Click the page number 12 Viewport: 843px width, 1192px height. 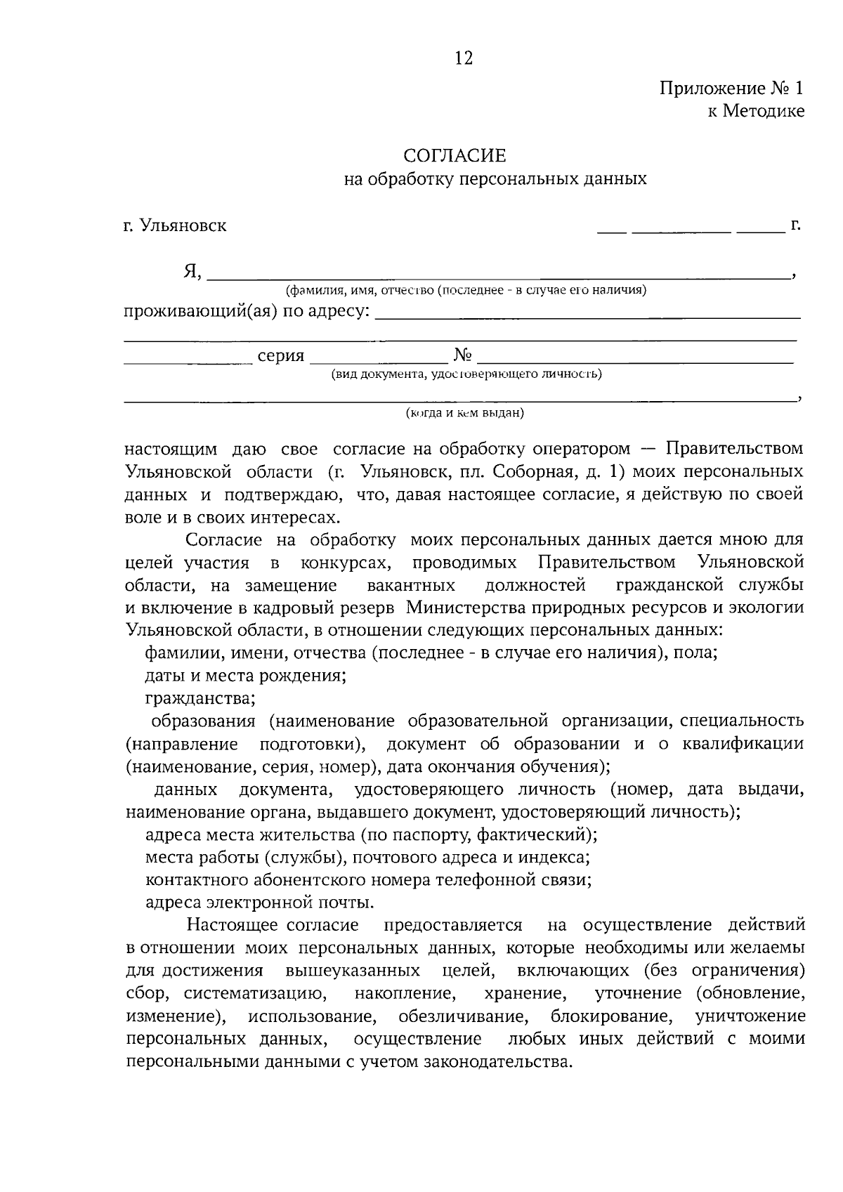click(x=464, y=58)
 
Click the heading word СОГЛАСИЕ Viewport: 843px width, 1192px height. click(x=455, y=155)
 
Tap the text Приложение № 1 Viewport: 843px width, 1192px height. click(x=731, y=89)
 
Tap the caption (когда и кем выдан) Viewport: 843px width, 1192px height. click(x=465, y=413)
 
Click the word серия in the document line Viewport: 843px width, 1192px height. click(x=281, y=355)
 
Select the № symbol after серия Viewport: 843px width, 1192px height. click(x=462, y=355)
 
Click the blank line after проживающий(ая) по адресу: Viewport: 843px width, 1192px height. click(x=587, y=317)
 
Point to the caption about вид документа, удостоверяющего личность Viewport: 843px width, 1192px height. click(x=466, y=374)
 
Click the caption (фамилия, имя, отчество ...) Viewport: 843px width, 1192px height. click(x=465, y=290)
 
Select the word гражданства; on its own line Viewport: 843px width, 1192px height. click(x=200, y=698)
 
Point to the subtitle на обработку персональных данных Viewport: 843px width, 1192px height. click(x=495, y=179)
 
